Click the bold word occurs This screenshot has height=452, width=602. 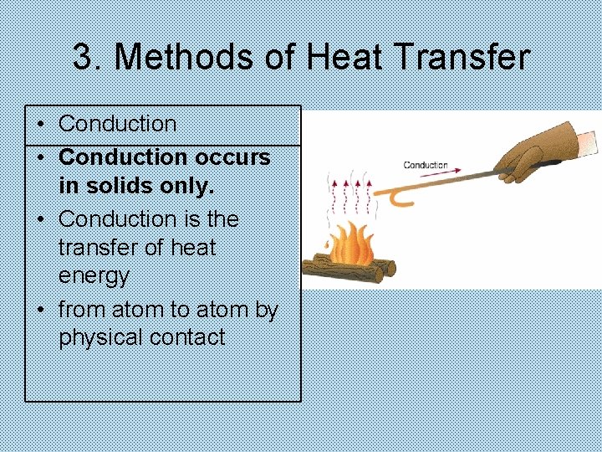click(x=232, y=157)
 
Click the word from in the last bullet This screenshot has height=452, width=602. click(x=82, y=309)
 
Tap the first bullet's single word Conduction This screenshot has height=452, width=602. click(x=118, y=124)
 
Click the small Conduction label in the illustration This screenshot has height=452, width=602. click(x=426, y=166)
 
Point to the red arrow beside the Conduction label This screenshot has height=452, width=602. click(x=472, y=172)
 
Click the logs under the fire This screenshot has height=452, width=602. click(x=347, y=269)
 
